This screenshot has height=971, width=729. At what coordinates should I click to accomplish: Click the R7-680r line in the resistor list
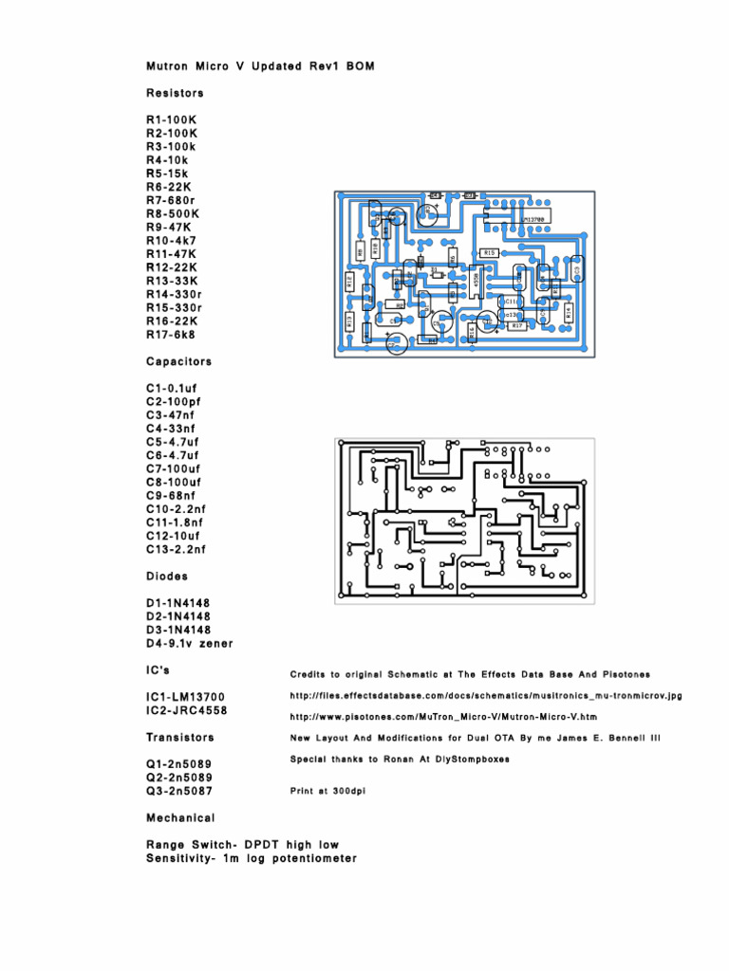click(171, 200)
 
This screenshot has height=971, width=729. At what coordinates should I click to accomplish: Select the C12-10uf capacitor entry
click(174, 536)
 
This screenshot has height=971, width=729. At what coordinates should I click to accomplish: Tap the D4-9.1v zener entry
click(189, 643)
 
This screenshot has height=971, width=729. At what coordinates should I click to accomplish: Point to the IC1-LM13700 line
click(186, 697)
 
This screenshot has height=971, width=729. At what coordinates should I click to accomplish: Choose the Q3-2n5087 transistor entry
click(179, 790)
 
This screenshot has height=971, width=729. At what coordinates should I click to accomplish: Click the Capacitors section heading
click(178, 361)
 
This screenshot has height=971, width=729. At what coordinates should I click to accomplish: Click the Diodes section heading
click(167, 576)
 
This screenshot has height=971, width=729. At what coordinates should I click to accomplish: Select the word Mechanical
click(180, 817)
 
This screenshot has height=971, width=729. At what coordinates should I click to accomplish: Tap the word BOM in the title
click(372, 66)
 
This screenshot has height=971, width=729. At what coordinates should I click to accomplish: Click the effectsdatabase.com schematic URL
click(485, 696)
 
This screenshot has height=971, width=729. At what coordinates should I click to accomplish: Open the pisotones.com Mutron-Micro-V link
click(443, 717)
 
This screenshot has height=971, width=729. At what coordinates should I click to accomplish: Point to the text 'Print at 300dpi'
click(327, 790)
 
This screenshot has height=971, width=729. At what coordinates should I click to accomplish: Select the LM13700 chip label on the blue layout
click(534, 219)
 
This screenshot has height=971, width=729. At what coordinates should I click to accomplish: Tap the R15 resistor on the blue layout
click(489, 253)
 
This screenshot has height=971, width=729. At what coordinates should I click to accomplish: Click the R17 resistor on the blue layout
click(517, 325)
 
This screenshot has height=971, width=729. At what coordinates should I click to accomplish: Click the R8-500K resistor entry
click(172, 214)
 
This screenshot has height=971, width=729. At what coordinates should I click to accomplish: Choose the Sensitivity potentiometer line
click(252, 858)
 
